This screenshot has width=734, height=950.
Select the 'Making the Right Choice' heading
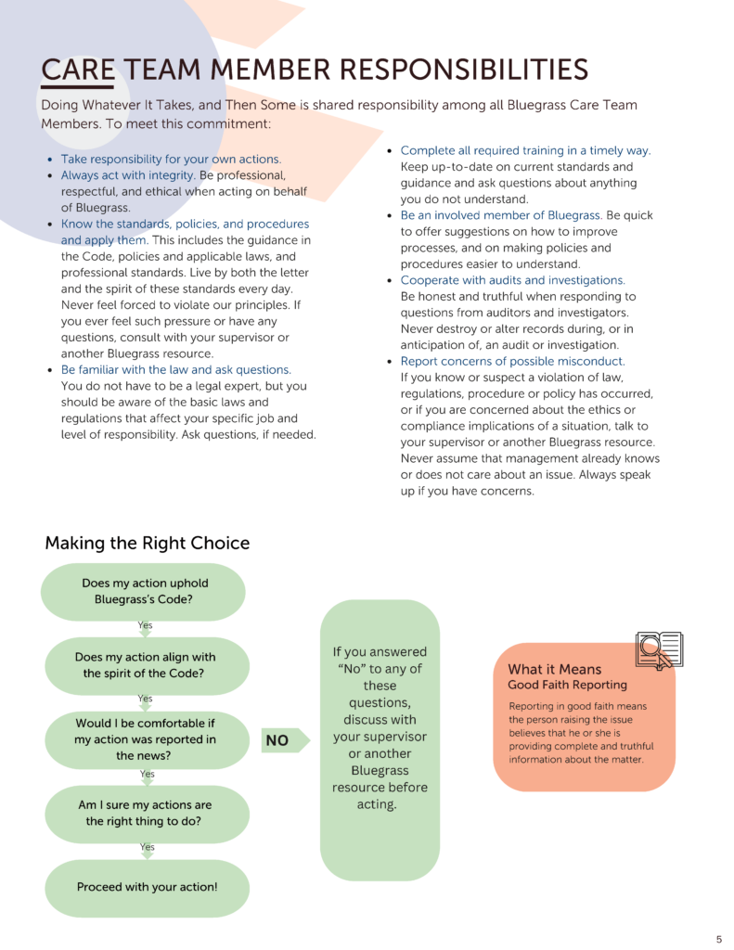click(147, 543)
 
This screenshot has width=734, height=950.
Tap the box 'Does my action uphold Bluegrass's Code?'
click(145, 592)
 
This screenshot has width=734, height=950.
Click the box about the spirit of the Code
click(145, 665)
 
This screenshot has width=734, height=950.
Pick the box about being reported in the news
click(145, 739)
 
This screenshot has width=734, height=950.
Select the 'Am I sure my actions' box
click(145, 814)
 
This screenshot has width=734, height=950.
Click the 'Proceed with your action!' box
click(147, 887)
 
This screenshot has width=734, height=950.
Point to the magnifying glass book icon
click(658, 650)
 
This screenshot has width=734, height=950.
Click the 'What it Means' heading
click(554, 669)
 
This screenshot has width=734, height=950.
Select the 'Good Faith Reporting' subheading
click(567, 685)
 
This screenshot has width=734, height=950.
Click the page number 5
click(718, 939)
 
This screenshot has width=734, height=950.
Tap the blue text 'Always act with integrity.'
click(128, 175)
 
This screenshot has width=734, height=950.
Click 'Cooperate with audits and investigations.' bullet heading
click(512, 280)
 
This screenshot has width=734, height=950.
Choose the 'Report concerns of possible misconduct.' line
click(512, 361)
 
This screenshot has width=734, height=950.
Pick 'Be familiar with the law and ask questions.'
click(175, 369)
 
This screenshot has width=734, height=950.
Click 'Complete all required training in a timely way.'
click(525, 150)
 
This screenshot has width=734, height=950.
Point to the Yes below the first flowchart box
click(145, 625)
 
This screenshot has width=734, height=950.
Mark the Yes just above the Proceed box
click(147, 847)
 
